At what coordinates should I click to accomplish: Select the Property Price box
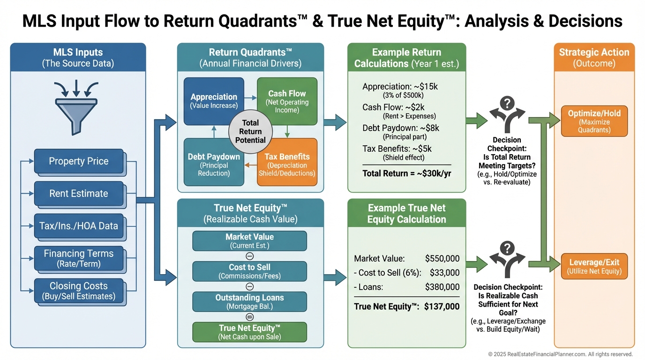78,161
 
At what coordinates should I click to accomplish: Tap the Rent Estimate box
78,194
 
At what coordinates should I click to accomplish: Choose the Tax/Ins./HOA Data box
78,226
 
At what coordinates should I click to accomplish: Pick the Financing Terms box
78,258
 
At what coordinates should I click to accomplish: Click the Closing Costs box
78,291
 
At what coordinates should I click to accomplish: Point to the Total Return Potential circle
250,132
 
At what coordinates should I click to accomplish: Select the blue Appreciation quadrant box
214,101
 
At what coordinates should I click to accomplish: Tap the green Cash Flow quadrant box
287,101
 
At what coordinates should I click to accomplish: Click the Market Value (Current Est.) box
249,241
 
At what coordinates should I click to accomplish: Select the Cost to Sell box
249,271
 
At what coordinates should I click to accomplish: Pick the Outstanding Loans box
249,302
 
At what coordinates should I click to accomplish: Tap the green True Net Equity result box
249,332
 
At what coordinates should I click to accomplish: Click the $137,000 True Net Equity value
442,307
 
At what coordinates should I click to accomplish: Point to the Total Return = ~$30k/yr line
406,173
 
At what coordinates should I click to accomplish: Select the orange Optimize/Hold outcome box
594,121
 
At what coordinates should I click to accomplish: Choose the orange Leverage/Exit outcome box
594,266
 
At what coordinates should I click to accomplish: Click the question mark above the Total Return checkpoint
507,103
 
